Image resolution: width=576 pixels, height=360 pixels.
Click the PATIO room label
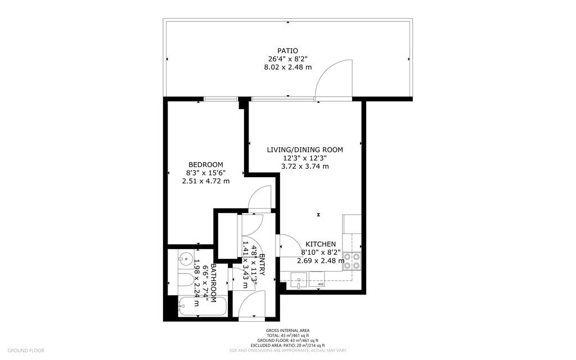click(x=287, y=51)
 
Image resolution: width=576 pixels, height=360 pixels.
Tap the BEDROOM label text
click(x=205, y=164)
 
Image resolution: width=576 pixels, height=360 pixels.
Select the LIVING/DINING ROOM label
click(x=304, y=150)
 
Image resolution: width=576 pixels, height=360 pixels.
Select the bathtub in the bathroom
click(x=202, y=307)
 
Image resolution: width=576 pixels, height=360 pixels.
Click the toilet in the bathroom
click(x=186, y=281)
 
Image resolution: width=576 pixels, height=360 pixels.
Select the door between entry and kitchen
click(x=290, y=246)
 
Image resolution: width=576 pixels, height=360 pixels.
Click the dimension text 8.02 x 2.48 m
click(x=287, y=67)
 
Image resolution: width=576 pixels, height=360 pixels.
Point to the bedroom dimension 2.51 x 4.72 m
click(x=205, y=181)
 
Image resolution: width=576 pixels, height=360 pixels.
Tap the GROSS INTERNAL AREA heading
click(x=287, y=331)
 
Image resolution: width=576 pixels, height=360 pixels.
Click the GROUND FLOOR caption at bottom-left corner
click(x=26, y=350)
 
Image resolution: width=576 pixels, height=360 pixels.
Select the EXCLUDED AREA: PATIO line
click(x=287, y=345)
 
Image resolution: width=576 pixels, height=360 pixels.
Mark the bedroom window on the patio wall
click(x=221, y=99)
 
